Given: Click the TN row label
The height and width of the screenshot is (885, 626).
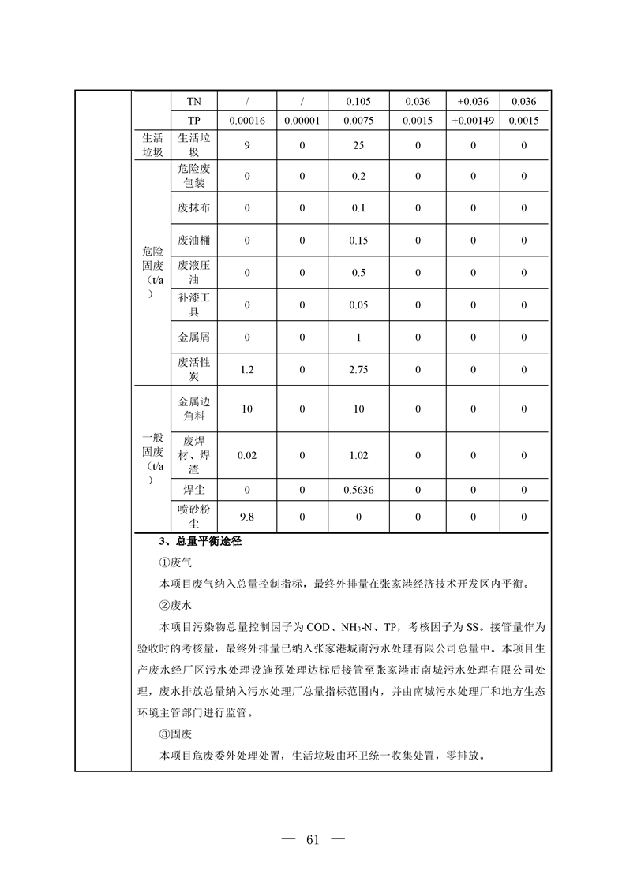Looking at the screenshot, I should pos(193,102).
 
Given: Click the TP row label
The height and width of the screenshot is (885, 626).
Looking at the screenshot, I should pos(193,121).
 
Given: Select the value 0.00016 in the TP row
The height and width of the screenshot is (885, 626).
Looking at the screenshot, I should pos(246,121).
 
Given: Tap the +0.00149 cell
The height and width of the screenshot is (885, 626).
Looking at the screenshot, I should pos(473,121).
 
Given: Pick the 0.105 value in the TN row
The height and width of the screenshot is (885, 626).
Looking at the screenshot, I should pos(358,102).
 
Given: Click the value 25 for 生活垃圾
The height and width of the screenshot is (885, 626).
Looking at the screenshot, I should pos(358,145).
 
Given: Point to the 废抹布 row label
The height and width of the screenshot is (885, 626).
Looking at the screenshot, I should pos(193,207).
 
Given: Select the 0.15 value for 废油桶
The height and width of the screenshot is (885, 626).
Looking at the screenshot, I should pos(358,240).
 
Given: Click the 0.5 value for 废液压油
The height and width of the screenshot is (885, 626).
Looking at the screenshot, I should pos(358,273).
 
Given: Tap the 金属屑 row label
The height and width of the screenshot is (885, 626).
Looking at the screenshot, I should pos(193,337).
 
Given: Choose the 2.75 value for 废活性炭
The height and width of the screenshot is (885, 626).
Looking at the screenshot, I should pos(358,369).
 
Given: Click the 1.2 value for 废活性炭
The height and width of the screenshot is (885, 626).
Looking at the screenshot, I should pos(246,369).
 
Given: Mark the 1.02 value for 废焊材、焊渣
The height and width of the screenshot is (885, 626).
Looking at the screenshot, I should pos(358,454).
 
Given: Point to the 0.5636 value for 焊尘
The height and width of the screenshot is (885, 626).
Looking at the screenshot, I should pos(359,490).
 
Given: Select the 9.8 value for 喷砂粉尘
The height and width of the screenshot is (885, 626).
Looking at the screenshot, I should pos(246,517).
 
